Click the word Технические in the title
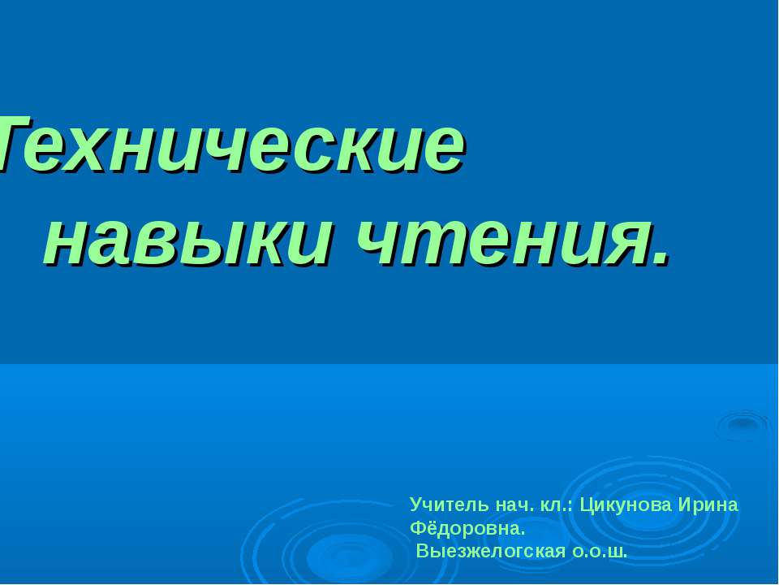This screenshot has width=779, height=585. coord(231,145)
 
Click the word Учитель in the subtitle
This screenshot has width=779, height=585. coord(438,505)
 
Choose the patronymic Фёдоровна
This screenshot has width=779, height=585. coord(468,529)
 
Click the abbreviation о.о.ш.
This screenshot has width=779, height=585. coord(600,552)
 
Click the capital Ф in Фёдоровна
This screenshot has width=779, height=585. coord(417,529)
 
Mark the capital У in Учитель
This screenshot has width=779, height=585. coord(415,505)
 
